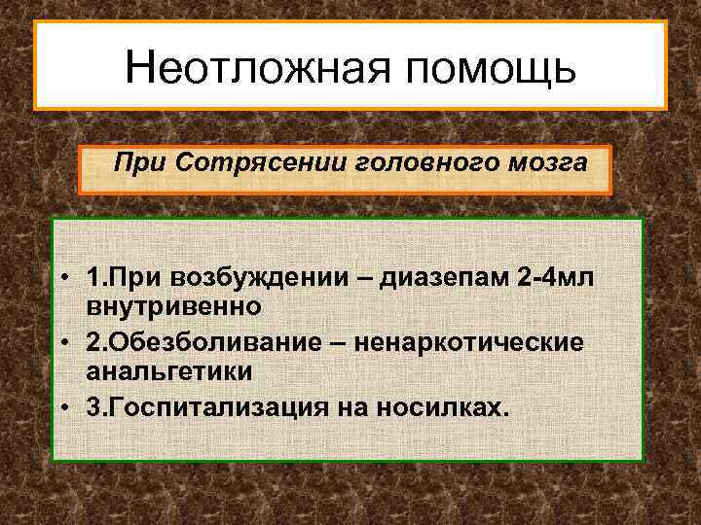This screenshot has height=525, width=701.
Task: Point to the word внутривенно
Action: [173, 307]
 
